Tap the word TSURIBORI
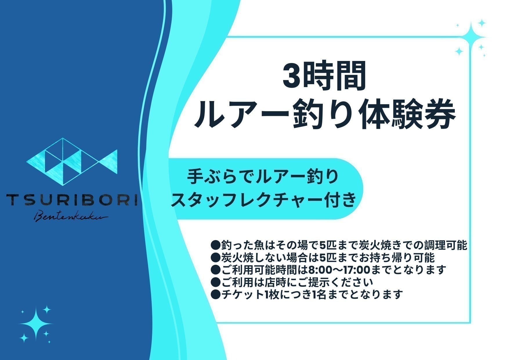(x=72, y=200)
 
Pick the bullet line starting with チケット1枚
(x=307, y=295)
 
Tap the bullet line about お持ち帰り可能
(x=323, y=258)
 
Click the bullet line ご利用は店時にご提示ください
(x=292, y=282)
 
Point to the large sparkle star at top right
(x=472, y=37)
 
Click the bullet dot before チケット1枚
(x=216, y=295)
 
